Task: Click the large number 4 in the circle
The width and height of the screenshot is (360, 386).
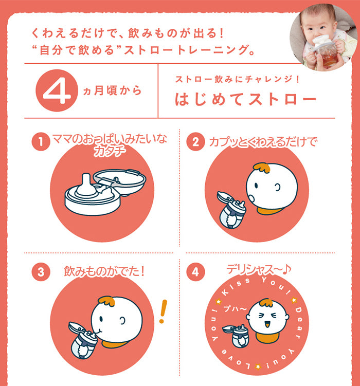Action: tap(57, 90)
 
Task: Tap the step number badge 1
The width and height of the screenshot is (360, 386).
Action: tap(41, 141)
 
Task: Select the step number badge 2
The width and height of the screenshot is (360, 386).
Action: tap(195, 141)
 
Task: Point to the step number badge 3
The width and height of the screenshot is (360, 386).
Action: tap(41, 272)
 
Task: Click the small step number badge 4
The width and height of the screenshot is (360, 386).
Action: tap(195, 272)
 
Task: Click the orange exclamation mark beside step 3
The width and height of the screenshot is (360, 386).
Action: tap(163, 311)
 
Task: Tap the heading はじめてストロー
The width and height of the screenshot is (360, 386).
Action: tap(245, 99)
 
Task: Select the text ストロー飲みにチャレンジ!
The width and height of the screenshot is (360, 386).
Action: tap(237, 79)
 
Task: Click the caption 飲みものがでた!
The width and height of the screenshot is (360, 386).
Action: tap(104, 271)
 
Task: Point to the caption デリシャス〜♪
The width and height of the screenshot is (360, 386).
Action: tap(259, 269)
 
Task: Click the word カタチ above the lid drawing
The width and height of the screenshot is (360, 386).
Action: tap(110, 151)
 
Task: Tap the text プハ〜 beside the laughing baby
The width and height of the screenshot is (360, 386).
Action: tap(235, 309)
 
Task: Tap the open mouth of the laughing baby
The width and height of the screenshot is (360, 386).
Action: tap(267, 325)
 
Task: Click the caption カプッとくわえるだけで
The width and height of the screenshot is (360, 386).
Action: tap(263, 142)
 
